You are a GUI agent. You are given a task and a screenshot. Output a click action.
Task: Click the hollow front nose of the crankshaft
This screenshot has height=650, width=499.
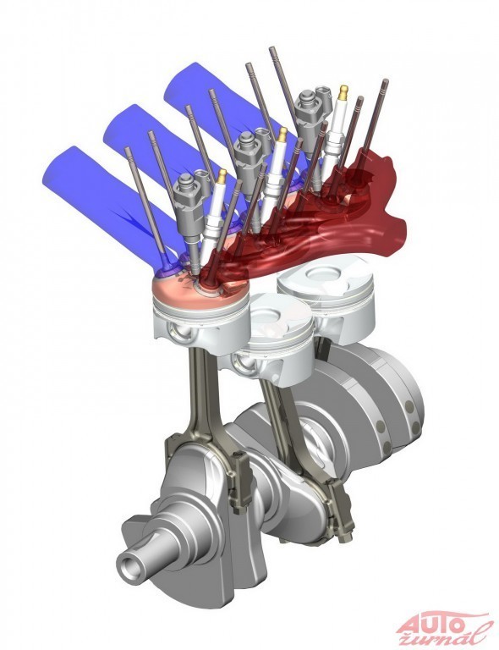click(x=133, y=565)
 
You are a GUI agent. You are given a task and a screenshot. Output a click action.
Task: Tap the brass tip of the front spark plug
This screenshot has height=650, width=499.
click(x=222, y=176)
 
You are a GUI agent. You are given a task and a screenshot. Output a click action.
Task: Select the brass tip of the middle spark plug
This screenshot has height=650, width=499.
click(x=282, y=135)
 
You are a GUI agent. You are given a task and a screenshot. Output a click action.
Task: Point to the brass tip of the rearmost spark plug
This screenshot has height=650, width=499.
click(x=343, y=92)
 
